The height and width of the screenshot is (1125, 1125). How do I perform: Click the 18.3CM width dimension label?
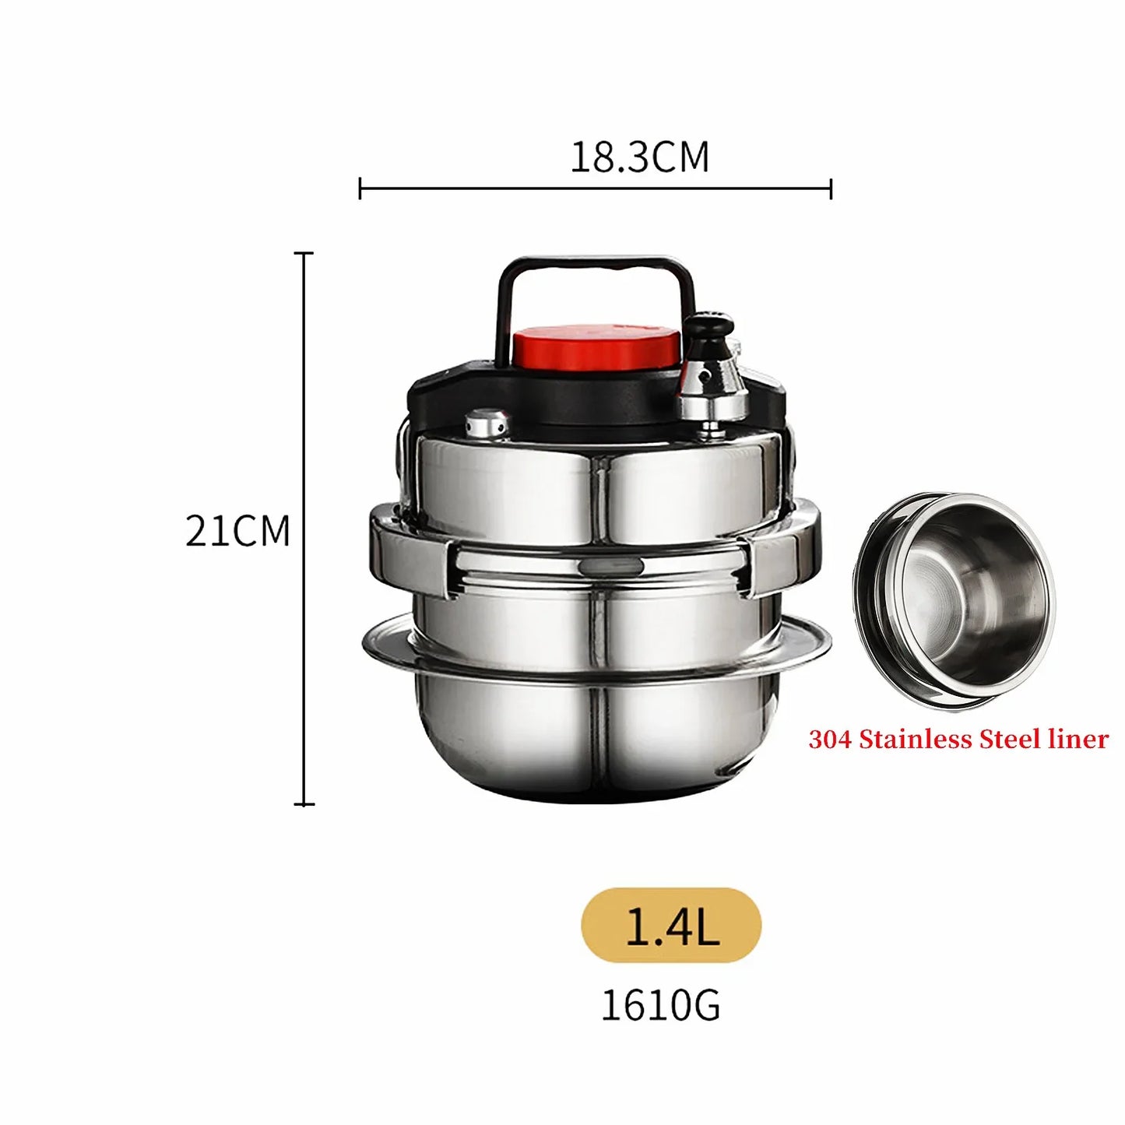pos(639,156)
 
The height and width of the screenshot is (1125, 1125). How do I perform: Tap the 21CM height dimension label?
pos(237,531)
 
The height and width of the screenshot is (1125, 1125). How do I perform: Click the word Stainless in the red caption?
pos(916,740)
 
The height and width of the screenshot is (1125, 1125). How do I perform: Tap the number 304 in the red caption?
pos(831,740)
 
